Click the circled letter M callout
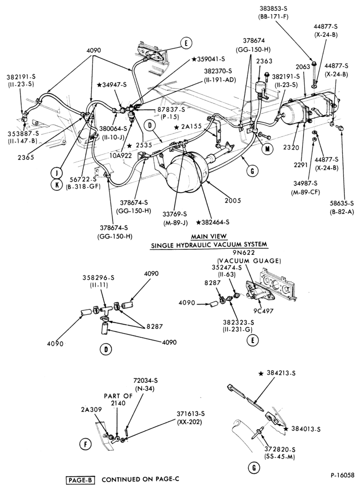[266, 149]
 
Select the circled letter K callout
[57, 185]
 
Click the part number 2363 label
[265, 61]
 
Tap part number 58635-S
[342, 203]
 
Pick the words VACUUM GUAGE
[248, 261]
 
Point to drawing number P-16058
[342, 475]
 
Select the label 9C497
[263, 311]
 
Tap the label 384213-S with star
[277, 374]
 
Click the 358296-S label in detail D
[98, 278]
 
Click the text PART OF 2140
[118, 399]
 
